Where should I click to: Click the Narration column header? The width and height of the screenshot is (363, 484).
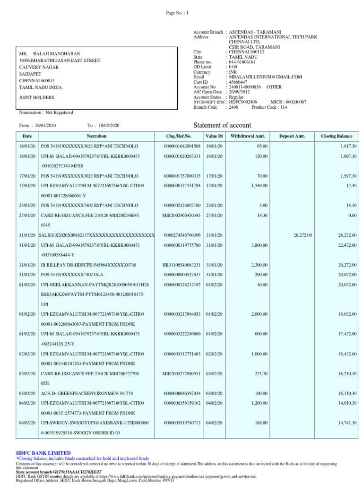[96, 136]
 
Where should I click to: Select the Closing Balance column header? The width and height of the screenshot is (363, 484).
[337, 136]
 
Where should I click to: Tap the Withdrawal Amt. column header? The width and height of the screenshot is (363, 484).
[249, 136]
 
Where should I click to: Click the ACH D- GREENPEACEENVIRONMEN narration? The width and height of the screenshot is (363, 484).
[87, 393]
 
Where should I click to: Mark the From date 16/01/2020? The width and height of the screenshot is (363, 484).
[45, 125]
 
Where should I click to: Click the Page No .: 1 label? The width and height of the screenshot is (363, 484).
[177, 13]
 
